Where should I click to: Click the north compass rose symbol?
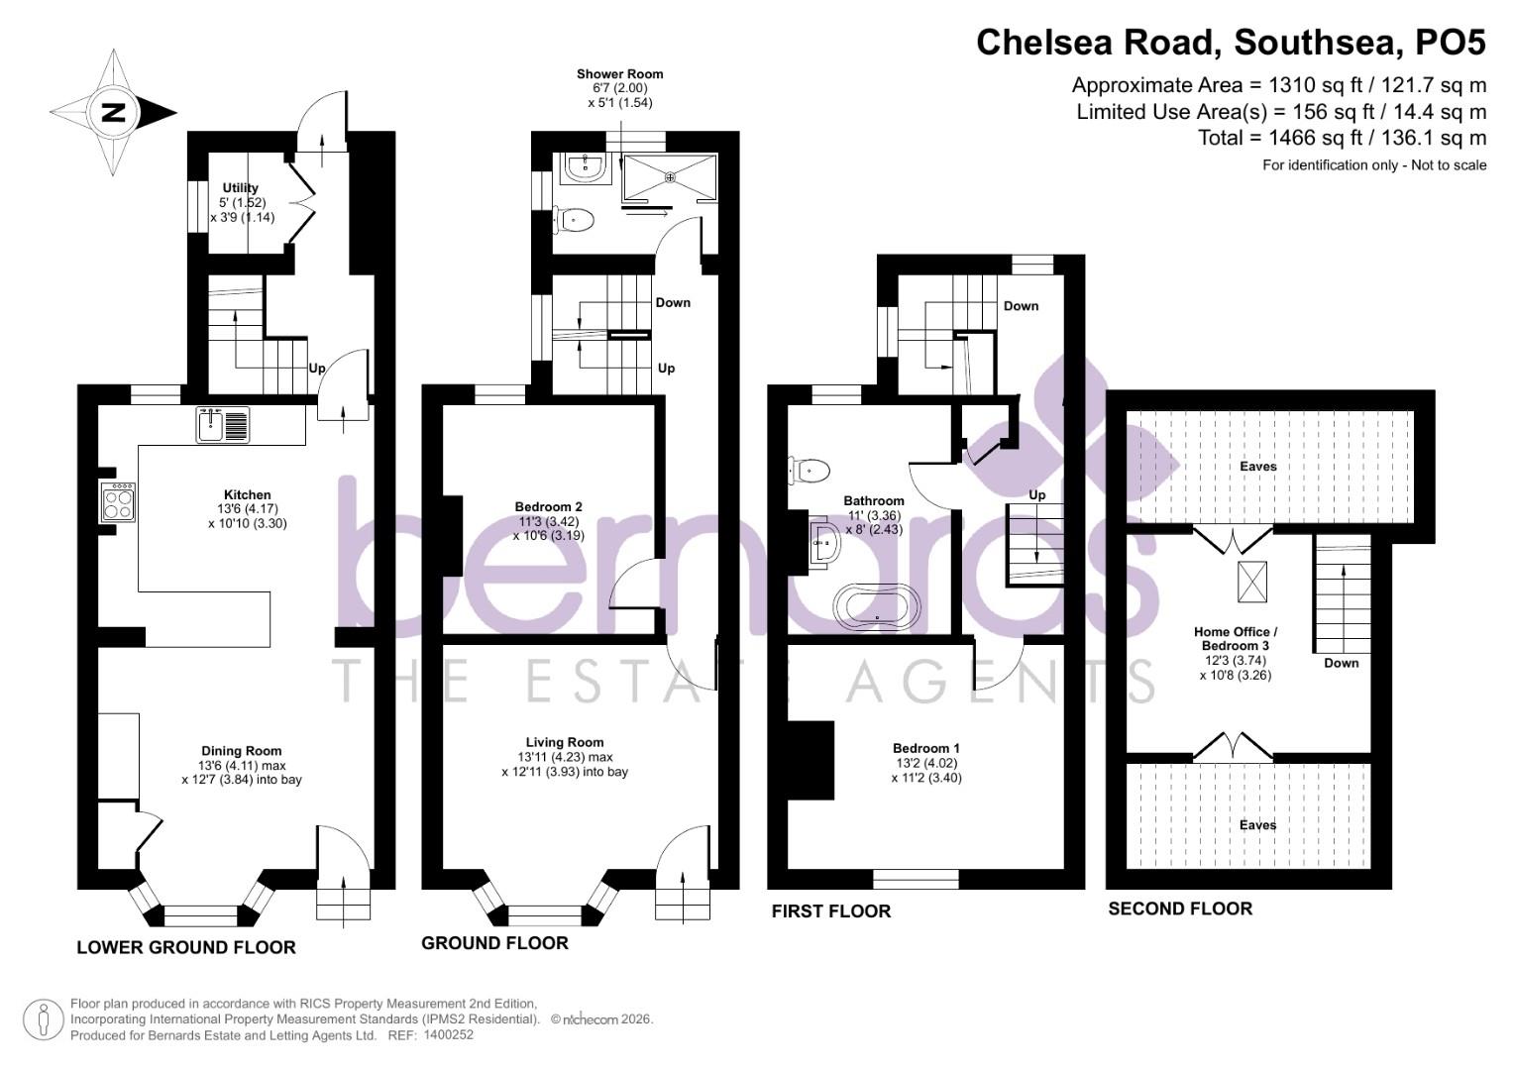[114, 112]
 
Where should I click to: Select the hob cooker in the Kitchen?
[118, 501]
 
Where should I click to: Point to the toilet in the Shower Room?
[574, 220]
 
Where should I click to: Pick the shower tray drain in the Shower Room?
[671, 178]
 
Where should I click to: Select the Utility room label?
[241, 188]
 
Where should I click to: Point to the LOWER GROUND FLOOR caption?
[186, 947]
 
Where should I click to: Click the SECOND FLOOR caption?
[1179, 909]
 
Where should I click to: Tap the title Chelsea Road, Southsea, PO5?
[1231, 43]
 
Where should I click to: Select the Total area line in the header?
[1342, 138]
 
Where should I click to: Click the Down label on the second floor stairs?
[1341, 663]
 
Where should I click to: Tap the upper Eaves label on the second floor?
[1258, 466]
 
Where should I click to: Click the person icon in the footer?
[44, 1019]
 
